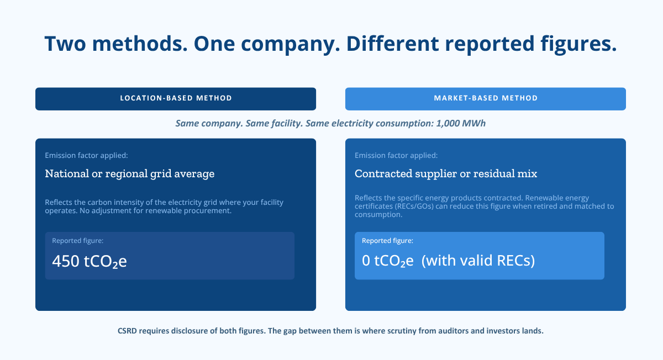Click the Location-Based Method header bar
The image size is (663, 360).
tap(176, 99)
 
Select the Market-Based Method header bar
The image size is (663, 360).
tap(486, 99)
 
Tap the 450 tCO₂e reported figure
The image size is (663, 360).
tap(90, 261)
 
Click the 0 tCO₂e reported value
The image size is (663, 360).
tap(387, 261)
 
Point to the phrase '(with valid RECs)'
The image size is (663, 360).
tap(478, 261)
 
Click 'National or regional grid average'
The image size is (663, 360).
tap(130, 173)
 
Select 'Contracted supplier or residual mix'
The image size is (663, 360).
tap(446, 173)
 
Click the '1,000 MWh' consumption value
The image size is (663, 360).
tap(461, 123)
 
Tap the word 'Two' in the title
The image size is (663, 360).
tap(65, 44)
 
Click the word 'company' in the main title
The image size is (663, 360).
tap(291, 44)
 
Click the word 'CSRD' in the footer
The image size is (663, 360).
tap(127, 331)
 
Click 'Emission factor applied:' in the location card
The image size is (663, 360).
tap(86, 155)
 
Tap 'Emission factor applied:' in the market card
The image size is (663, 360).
tap(396, 155)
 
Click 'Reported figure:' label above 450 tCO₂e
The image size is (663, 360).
tap(78, 241)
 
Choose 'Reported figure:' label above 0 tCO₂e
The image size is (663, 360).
tap(387, 241)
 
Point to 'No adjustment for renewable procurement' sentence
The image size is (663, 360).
tap(155, 210)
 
